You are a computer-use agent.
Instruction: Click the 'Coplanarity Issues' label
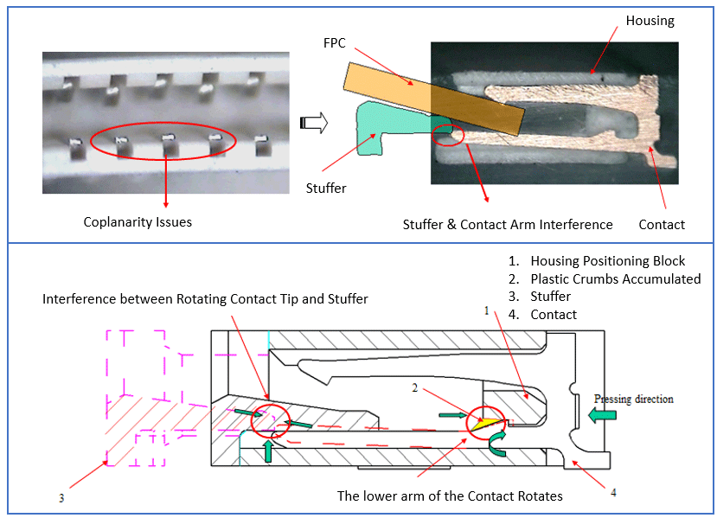(138, 222)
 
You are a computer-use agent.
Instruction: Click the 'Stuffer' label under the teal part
(326, 187)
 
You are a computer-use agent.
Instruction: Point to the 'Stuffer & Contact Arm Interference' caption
(508, 225)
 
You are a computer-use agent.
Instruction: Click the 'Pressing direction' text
(633, 399)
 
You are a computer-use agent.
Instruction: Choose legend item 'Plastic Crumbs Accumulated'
(615, 279)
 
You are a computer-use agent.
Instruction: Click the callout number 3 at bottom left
(61, 497)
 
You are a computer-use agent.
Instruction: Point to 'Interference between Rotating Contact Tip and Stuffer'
(206, 299)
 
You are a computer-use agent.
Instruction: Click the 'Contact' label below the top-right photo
(662, 225)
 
